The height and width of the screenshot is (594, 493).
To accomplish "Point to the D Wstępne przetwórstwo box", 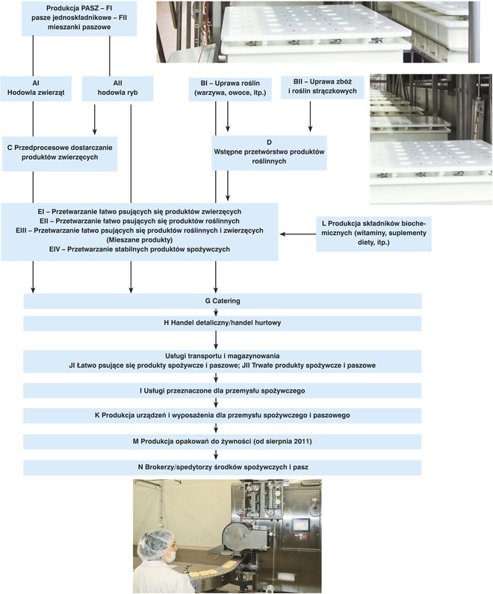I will tap(270, 154).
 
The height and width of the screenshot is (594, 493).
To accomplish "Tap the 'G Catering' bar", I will tap(223, 301).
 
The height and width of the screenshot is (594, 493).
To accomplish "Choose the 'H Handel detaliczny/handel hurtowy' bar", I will tap(223, 324).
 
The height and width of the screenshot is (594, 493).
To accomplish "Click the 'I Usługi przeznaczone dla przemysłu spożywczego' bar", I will tap(223, 390).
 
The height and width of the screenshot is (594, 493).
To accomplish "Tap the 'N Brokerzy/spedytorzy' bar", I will tap(223, 466).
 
